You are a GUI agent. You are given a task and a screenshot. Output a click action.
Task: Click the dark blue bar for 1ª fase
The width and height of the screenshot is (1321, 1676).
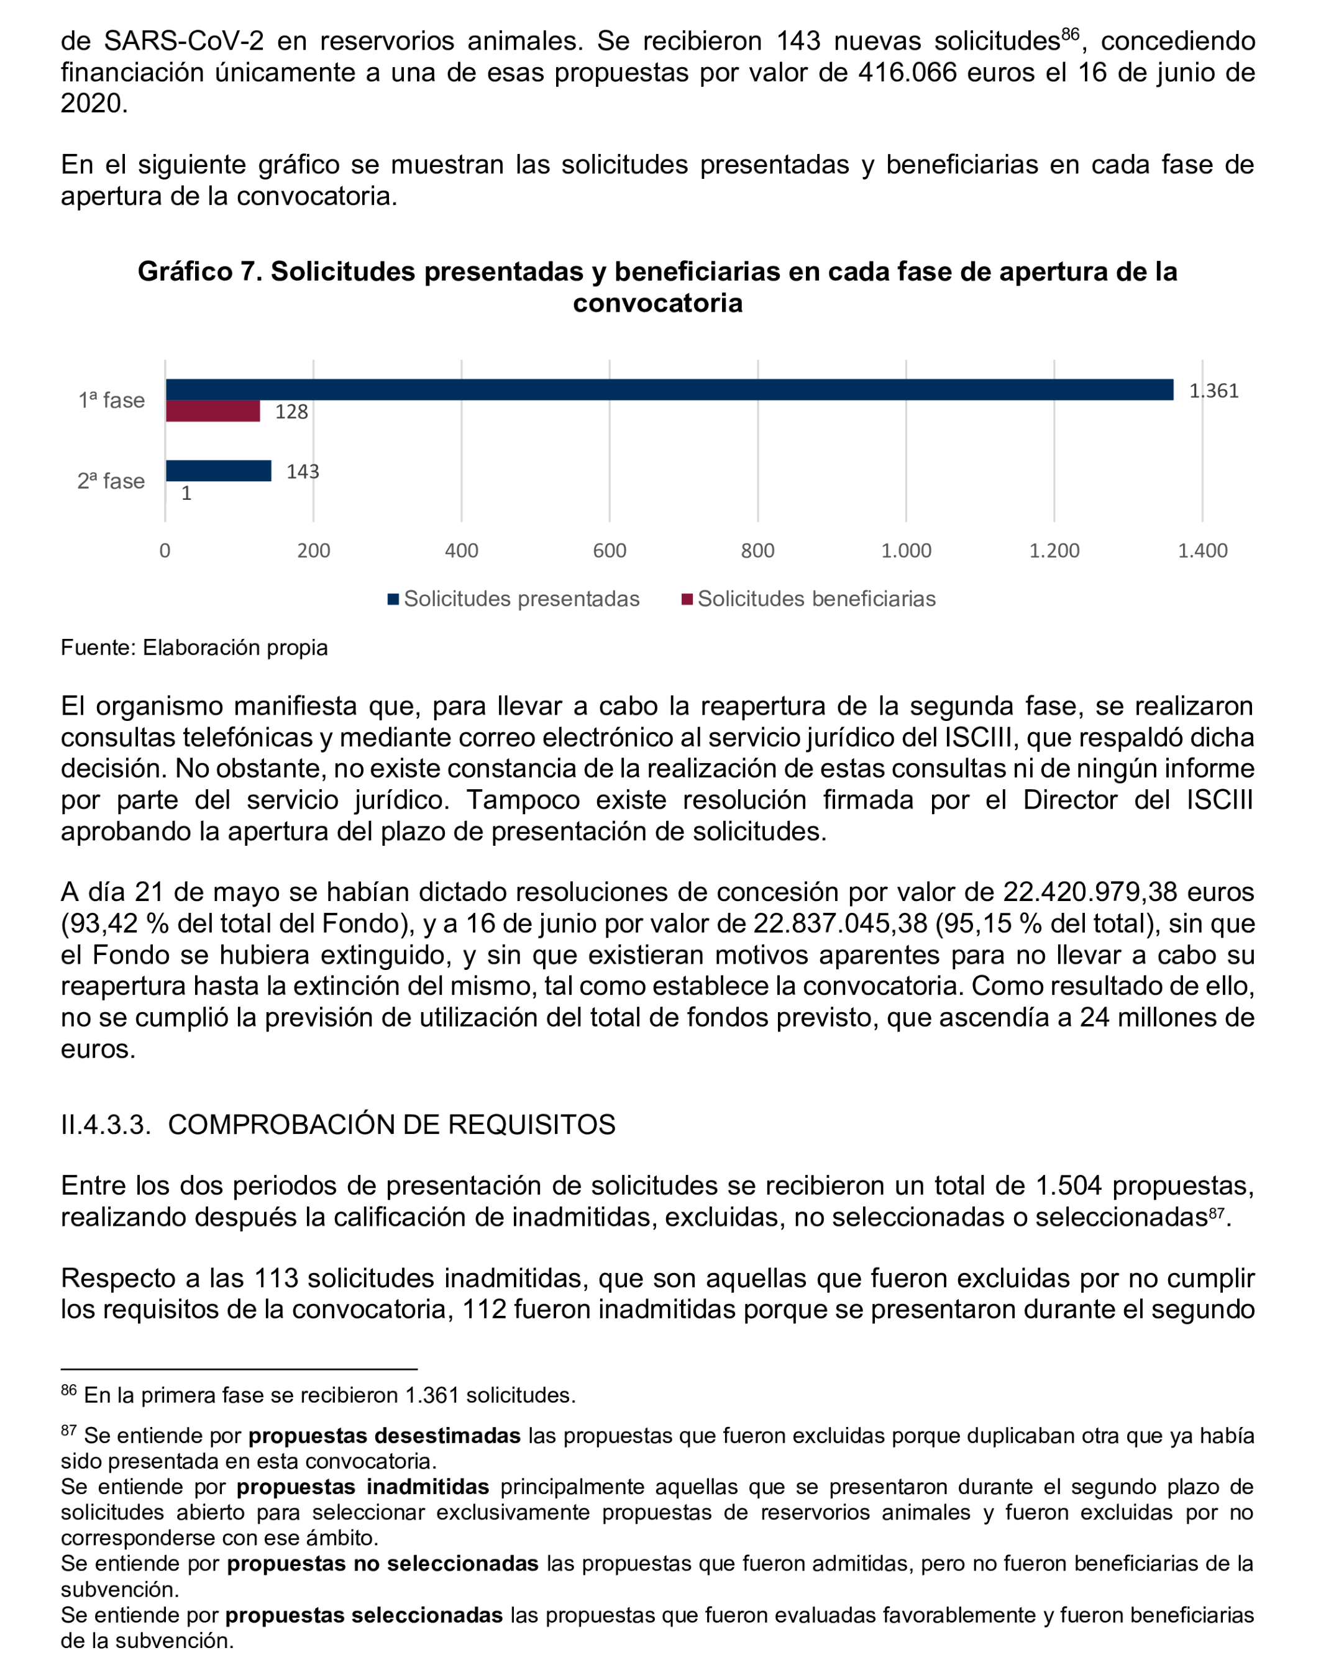pos(669,389)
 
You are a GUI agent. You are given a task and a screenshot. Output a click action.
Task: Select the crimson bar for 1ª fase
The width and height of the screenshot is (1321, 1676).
pos(213,411)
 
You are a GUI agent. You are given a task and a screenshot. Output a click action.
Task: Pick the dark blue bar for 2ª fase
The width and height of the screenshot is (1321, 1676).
pos(218,471)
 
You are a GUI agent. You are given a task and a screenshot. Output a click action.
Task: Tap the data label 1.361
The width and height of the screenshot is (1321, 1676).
pos(1214,391)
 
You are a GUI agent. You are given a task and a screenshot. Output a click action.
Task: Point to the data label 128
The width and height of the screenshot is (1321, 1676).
pos(291,412)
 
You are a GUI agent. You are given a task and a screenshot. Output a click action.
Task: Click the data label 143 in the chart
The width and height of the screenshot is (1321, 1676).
pos(303,471)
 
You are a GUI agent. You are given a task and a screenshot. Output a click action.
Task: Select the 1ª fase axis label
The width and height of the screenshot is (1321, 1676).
pos(111,401)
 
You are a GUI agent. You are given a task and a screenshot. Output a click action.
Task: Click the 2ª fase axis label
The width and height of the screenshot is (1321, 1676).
pos(111,482)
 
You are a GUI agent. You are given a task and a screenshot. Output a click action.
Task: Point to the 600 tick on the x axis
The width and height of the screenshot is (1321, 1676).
pos(610,551)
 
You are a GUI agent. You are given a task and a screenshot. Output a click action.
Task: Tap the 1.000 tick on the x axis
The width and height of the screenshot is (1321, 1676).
pos(906,551)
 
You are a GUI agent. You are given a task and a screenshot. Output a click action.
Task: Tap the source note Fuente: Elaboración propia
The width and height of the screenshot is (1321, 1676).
pos(194,648)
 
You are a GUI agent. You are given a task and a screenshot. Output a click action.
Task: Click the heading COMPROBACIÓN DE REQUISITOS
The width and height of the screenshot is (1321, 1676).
pos(391,1125)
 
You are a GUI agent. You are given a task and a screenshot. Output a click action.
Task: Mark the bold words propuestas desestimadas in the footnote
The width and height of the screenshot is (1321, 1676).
pos(385,1436)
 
